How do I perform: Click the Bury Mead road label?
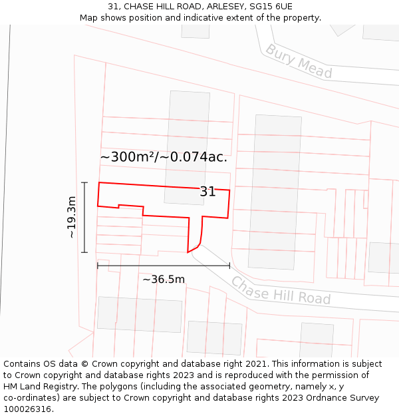pyautogui.click(x=299, y=61)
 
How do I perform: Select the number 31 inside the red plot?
pyautogui.click(x=207, y=192)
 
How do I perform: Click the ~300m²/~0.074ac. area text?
pyautogui.click(x=164, y=157)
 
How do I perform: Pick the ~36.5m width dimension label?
pyautogui.click(x=164, y=279)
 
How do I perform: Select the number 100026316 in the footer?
pyautogui.click(x=28, y=409)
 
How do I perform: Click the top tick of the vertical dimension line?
pyautogui.click(x=84, y=182)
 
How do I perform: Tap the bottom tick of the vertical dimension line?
pyautogui.click(x=84, y=253)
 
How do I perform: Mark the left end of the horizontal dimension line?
pyautogui.click(x=98, y=266)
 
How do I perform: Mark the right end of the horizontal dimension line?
pyautogui.click(x=229, y=266)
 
